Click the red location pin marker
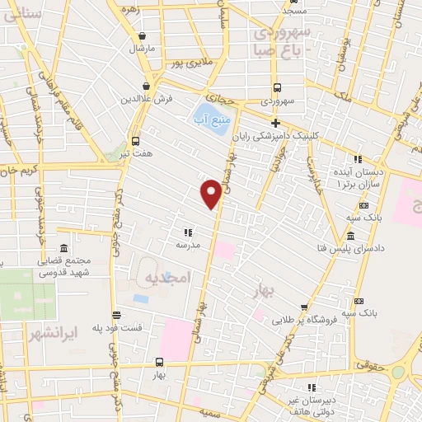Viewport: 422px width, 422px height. tap(212, 193)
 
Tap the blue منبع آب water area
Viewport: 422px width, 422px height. tap(204, 115)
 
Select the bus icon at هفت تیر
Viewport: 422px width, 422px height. tap(136, 141)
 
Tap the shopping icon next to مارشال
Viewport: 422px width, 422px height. tap(145, 37)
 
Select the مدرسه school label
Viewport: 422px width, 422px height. tap(188, 245)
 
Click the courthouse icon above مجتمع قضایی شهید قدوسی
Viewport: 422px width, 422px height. tap(65, 248)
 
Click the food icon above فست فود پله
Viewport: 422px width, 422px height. tap(116, 315)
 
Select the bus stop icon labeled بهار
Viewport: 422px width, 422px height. tap(159, 362)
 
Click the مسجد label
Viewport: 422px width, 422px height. tap(294, 11)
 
